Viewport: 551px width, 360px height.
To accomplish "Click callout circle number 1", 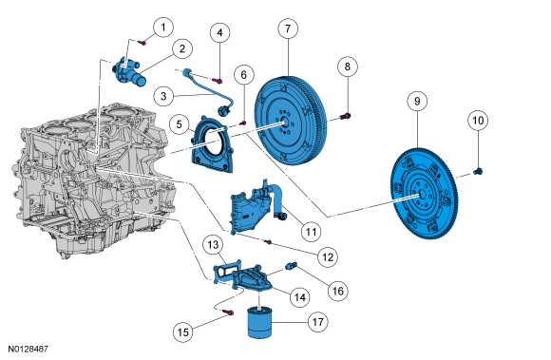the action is [x=163, y=27].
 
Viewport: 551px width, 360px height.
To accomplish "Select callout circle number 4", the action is [x=219, y=32].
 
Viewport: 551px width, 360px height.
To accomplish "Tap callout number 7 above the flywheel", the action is [x=288, y=28].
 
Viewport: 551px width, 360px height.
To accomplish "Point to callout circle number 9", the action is [x=417, y=101].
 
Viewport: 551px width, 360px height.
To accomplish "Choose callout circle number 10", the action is [x=478, y=121].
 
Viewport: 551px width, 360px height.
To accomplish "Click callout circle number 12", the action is [x=328, y=257].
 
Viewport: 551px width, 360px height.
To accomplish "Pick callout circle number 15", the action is [x=183, y=332].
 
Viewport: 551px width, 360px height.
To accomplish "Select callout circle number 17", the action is [x=317, y=322].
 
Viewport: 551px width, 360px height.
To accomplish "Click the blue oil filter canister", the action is [x=259, y=323].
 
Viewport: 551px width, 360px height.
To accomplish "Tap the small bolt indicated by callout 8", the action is [x=346, y=116].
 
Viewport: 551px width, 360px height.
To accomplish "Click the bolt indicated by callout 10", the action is [x=478, y=171].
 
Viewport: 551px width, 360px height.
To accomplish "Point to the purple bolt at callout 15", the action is [x=230, y=312].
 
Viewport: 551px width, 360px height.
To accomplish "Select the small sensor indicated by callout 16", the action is [x=292, y=266].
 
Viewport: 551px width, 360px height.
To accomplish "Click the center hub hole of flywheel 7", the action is [x=285, y=123].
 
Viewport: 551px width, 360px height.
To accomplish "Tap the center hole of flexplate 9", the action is [x=423, y=195].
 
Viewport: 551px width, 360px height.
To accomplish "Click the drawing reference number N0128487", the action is [x=28, y=350].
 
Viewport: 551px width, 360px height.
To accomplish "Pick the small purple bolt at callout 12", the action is [x=268, y=242].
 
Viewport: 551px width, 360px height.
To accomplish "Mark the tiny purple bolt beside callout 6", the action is [x=243, y=123].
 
